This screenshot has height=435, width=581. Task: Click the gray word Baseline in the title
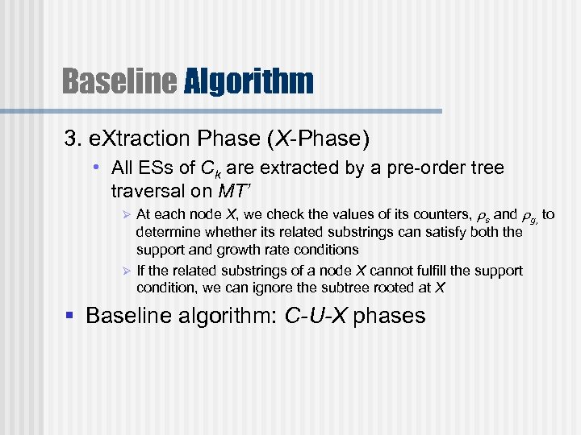click(x=119, y=81)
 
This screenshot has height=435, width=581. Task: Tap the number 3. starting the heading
click(x=73, y=139)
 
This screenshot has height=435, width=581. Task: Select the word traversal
click(x=143, y=191)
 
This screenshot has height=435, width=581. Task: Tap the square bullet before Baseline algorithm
click(x=73, y=316)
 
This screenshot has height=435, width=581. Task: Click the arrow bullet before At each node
click(x=124, y=215)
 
